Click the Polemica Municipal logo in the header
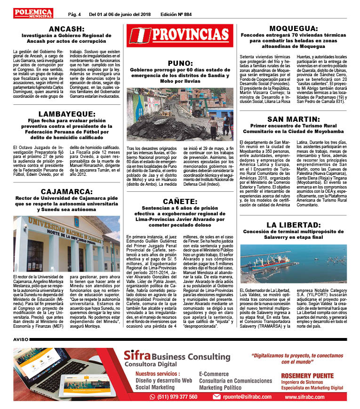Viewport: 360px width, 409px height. click(x=33, y=13)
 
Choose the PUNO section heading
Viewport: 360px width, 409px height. click(x=180, y=63)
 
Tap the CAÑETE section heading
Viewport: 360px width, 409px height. click(x=180, y=201)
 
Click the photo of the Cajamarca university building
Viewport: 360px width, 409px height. click(x=66, y=244)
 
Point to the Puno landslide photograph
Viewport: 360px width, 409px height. click(x=180, y=114)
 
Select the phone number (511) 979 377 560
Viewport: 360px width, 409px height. click(x=174, y=397)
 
